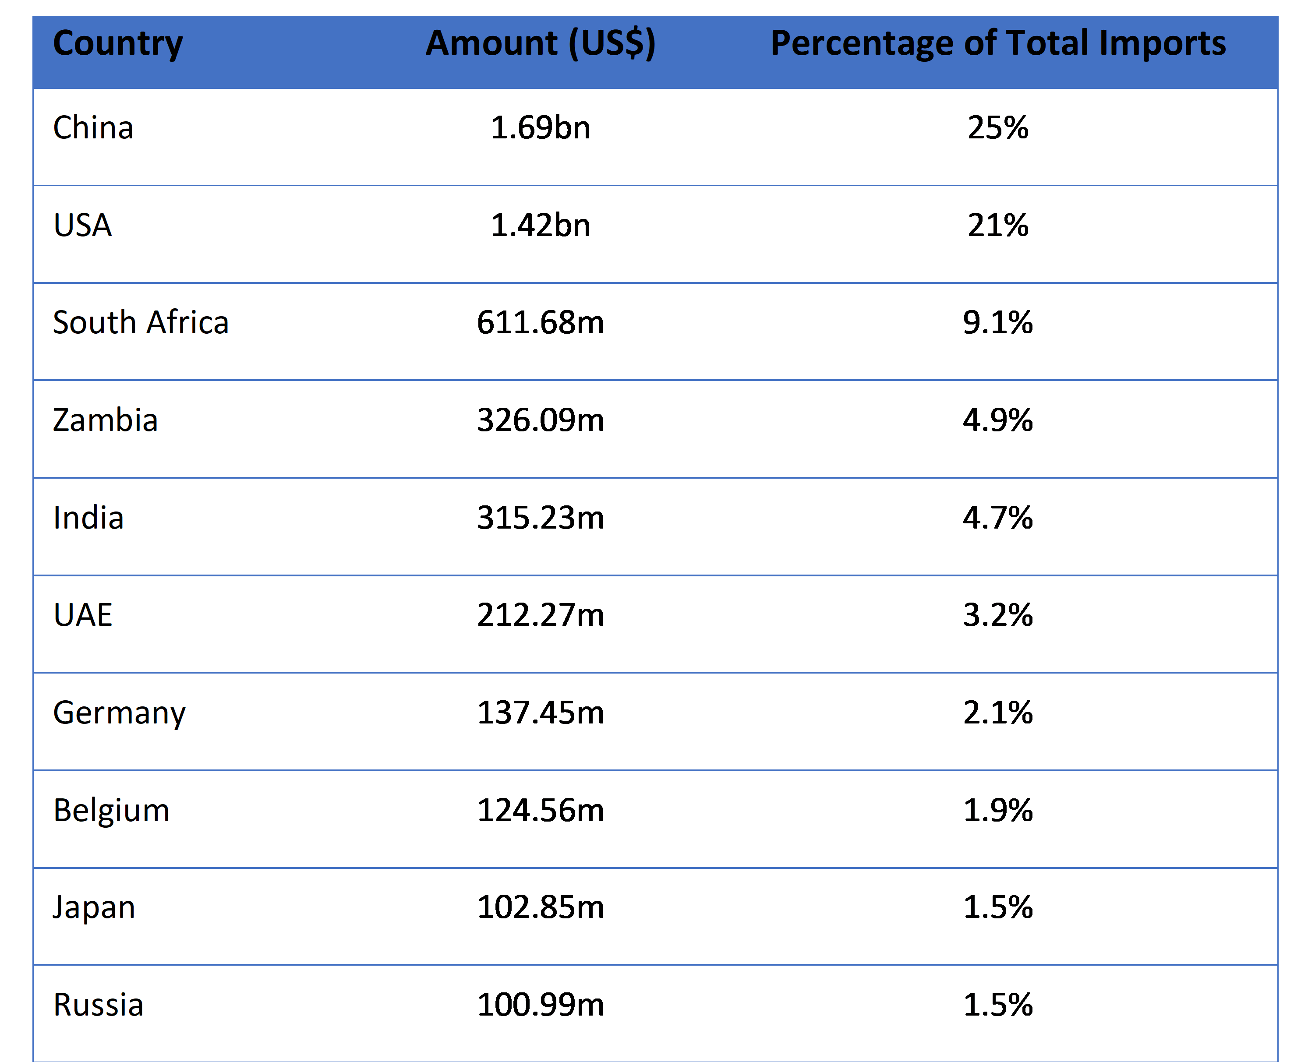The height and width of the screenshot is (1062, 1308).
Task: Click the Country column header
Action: coord(118,43)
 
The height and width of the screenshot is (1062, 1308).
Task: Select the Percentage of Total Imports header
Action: coord(998,43)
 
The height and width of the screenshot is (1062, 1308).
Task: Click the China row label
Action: coord(93,127)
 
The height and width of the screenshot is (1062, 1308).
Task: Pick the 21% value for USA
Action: coord(998,225)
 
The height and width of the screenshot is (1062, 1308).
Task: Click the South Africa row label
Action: coord(141,322)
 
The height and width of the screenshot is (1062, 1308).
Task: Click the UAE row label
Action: coord(83,615)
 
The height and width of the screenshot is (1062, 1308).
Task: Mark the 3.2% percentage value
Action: coord(998,615)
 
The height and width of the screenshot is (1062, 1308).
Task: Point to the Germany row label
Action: coord(119,714)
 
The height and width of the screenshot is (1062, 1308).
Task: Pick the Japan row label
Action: coord(94,908)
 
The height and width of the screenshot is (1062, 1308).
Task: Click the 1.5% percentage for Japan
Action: coord(998,907)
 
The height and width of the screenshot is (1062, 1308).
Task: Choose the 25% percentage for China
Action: coord(998,127)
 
